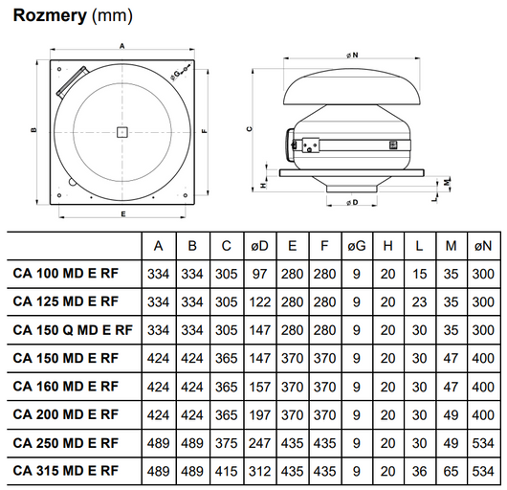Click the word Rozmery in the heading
click(x=50, y=15)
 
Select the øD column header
click(x=259, y=246)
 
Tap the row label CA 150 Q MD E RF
click(x=73, y=330)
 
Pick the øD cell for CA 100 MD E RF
click(x=259, y=275)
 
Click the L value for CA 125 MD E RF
click(x=419, y=302)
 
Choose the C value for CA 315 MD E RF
click(x=227, y=471)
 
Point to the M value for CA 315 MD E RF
click(x=452, y=471)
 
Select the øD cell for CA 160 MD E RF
click(x=259, y=387)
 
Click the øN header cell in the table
click(x=483, y=246)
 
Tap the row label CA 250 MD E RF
click(x=66, y=443)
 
